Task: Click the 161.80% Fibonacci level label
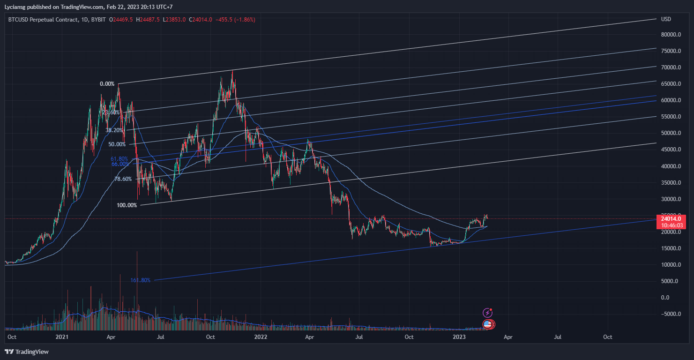141,280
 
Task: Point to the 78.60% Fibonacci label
123,179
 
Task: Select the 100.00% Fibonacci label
127,205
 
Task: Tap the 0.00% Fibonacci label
107,84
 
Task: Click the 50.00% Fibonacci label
117,144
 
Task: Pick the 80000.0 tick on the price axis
671,35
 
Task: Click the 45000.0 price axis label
671,150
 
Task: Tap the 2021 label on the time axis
62,337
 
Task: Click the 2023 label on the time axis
459,337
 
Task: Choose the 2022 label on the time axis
261,337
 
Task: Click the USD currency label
666,19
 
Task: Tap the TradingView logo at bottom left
27,352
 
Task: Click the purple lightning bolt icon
488,313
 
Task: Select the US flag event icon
488,324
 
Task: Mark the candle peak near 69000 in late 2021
232,71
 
